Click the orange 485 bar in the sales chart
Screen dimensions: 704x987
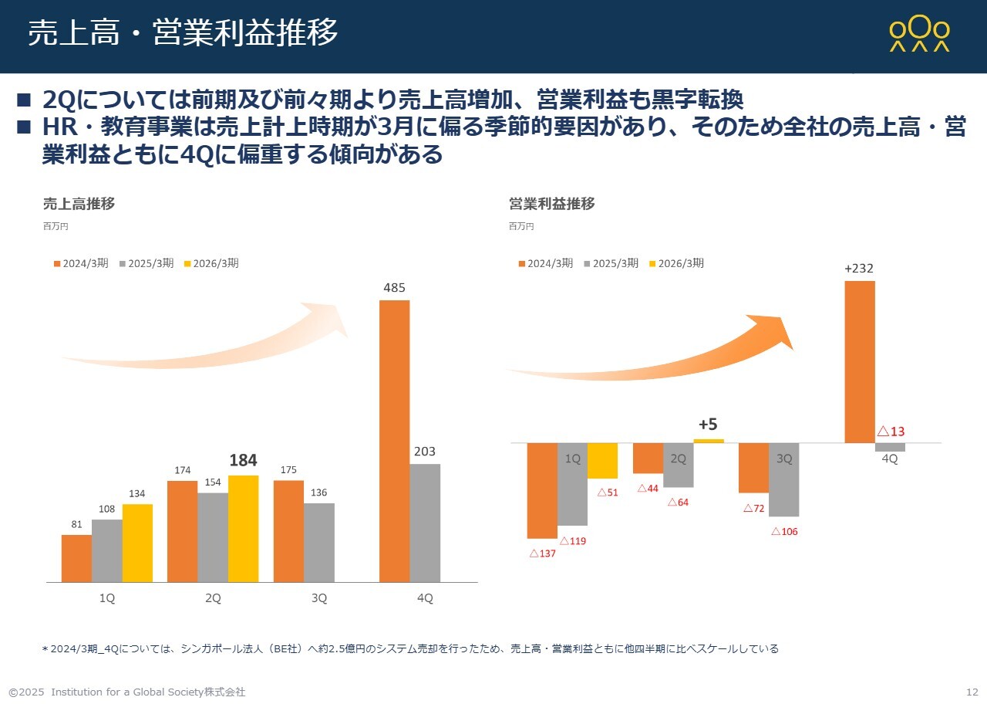(x=394, y=440)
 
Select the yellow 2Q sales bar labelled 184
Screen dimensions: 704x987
(x=243, y=529)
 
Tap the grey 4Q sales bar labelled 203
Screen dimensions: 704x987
(x=425, y=523)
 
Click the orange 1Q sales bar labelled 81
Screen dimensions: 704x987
(x=76, y=558)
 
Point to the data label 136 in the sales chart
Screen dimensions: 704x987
(x=318, y=492)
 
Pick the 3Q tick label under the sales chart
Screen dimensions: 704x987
(x=319, y=598)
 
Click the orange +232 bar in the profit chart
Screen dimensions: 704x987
(x=860, y=361)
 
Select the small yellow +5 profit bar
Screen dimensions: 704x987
(x=709, y=441)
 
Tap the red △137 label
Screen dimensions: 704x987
(x=542, y=553)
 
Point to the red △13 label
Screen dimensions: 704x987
(x=891, y=432)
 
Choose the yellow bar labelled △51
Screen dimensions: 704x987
(x=602, y=461)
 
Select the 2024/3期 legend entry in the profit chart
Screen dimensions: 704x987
(x=545, y=263)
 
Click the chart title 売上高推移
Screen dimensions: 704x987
(x=79, y=204)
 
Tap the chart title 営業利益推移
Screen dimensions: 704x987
(x=551, y=204)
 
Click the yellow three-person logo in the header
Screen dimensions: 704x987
(x=919, y=35)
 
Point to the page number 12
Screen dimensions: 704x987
(x=972, y=692)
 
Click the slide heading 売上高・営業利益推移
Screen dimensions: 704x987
(x=183, y=33)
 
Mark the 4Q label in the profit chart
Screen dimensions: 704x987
(x=889, y=459)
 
